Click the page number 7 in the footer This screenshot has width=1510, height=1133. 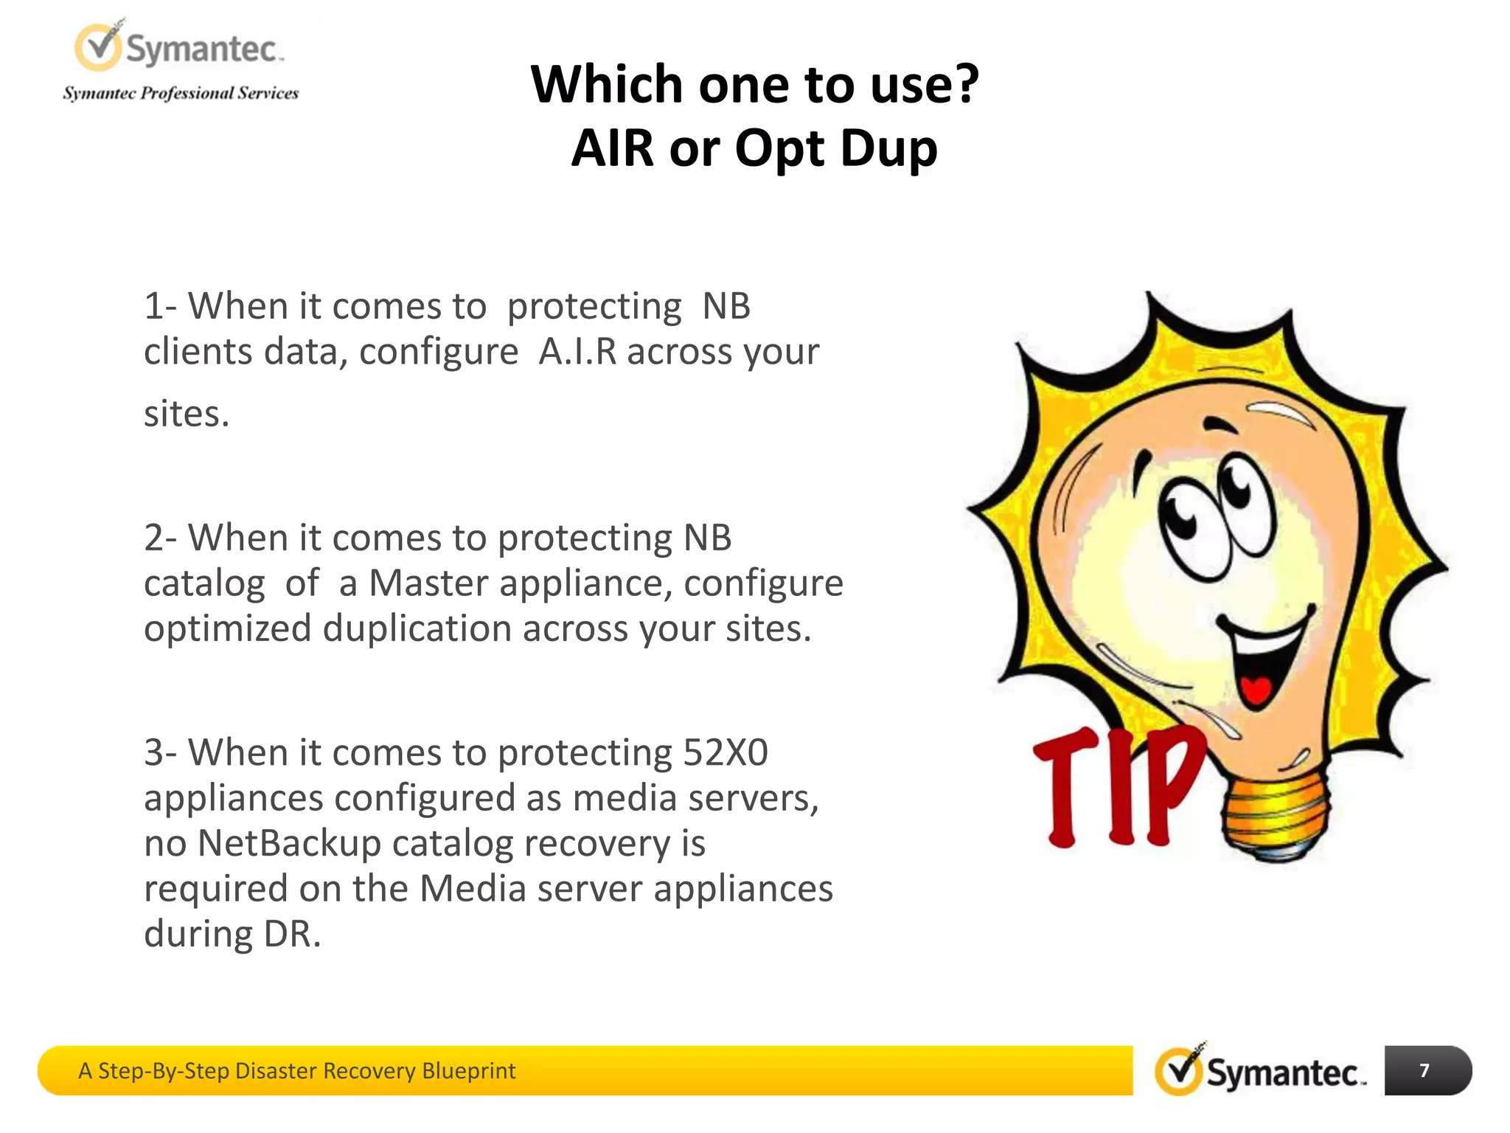tap(1424, 1070)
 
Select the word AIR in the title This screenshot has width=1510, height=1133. tap(613, 148)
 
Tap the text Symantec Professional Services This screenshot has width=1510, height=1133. tap(181, 93)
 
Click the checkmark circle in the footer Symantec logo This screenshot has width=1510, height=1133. tap(1178, 1071)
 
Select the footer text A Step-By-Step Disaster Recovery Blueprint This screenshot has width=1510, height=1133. tap(296, 1070)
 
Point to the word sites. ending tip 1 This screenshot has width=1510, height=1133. tap(187, 413)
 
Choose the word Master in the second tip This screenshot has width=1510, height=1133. tap(428, 583)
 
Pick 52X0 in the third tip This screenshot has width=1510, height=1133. tap(725, 752)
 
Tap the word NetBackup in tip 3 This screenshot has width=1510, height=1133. tap(289, 843)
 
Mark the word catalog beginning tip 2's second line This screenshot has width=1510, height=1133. tap(203, 583)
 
